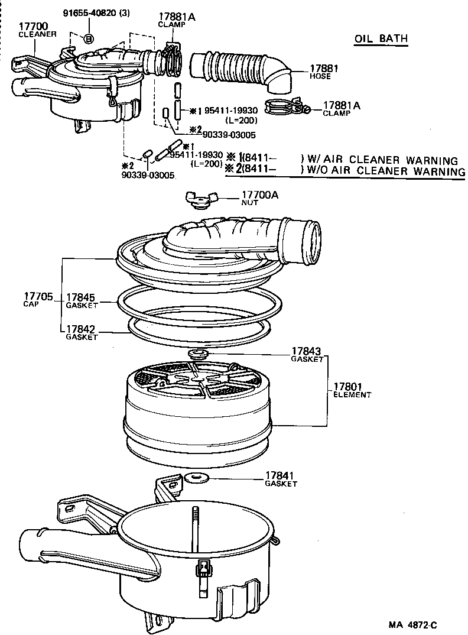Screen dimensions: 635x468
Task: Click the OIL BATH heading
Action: tap(381, 39)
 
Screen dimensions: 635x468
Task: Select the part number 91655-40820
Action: tap(97, 13)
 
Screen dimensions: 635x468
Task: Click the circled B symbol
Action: tap(89, 39)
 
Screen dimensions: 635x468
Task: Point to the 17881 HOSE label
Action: tap(323, 72)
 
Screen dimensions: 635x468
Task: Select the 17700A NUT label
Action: tap(259, 197)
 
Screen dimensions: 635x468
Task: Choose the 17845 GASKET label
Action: tap(82, 301)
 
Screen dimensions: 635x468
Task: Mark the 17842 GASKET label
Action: tap(82, 332)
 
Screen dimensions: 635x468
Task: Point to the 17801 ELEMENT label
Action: tap(352, 390)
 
